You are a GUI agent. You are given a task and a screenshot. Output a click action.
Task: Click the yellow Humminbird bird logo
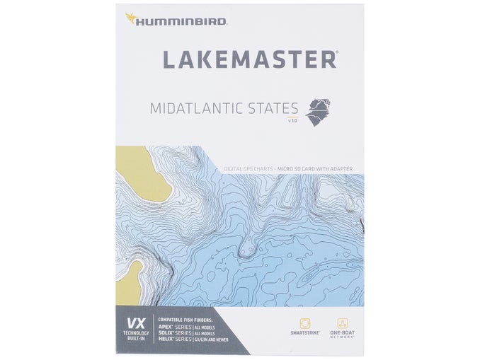click(132, 17)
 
